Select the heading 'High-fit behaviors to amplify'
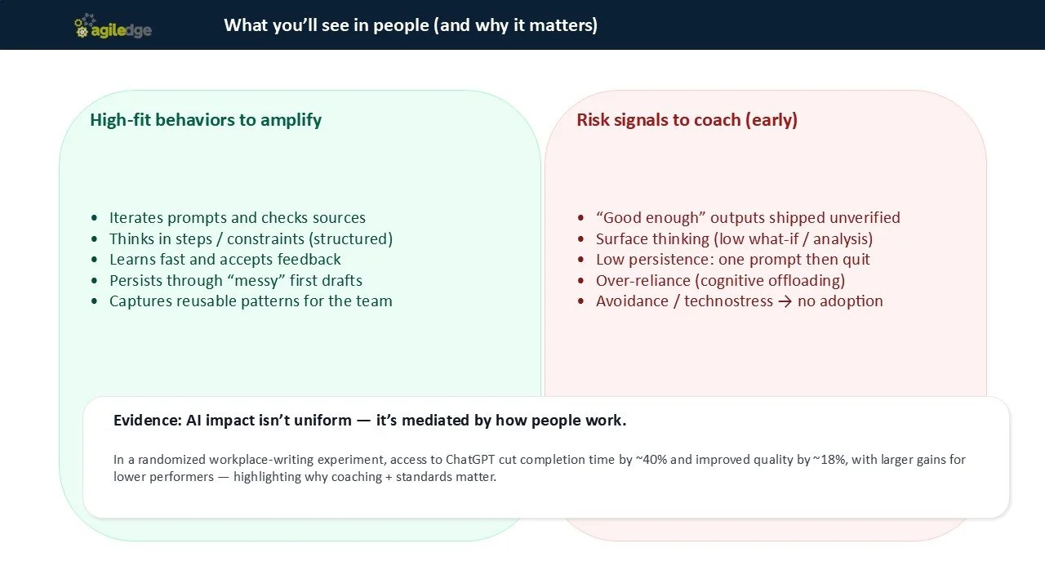[206, 120]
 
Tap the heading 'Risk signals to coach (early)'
[687, 120]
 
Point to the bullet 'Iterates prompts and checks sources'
[238, 218]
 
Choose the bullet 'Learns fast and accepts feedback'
[225, 260]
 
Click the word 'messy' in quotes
[274, 281]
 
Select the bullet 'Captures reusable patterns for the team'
[251, 301]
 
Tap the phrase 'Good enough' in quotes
[651, 218]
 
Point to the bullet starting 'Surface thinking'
[734, 239]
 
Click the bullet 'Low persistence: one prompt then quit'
[732, 260]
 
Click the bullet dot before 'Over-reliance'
[580, 281]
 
